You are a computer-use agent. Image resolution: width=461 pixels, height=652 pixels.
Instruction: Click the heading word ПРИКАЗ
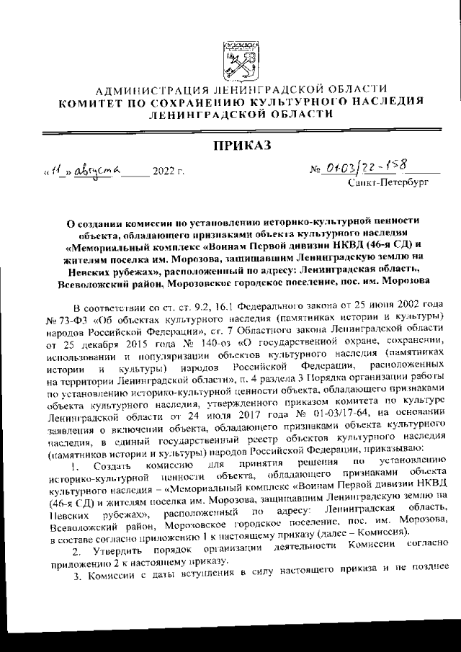pos(241,146)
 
